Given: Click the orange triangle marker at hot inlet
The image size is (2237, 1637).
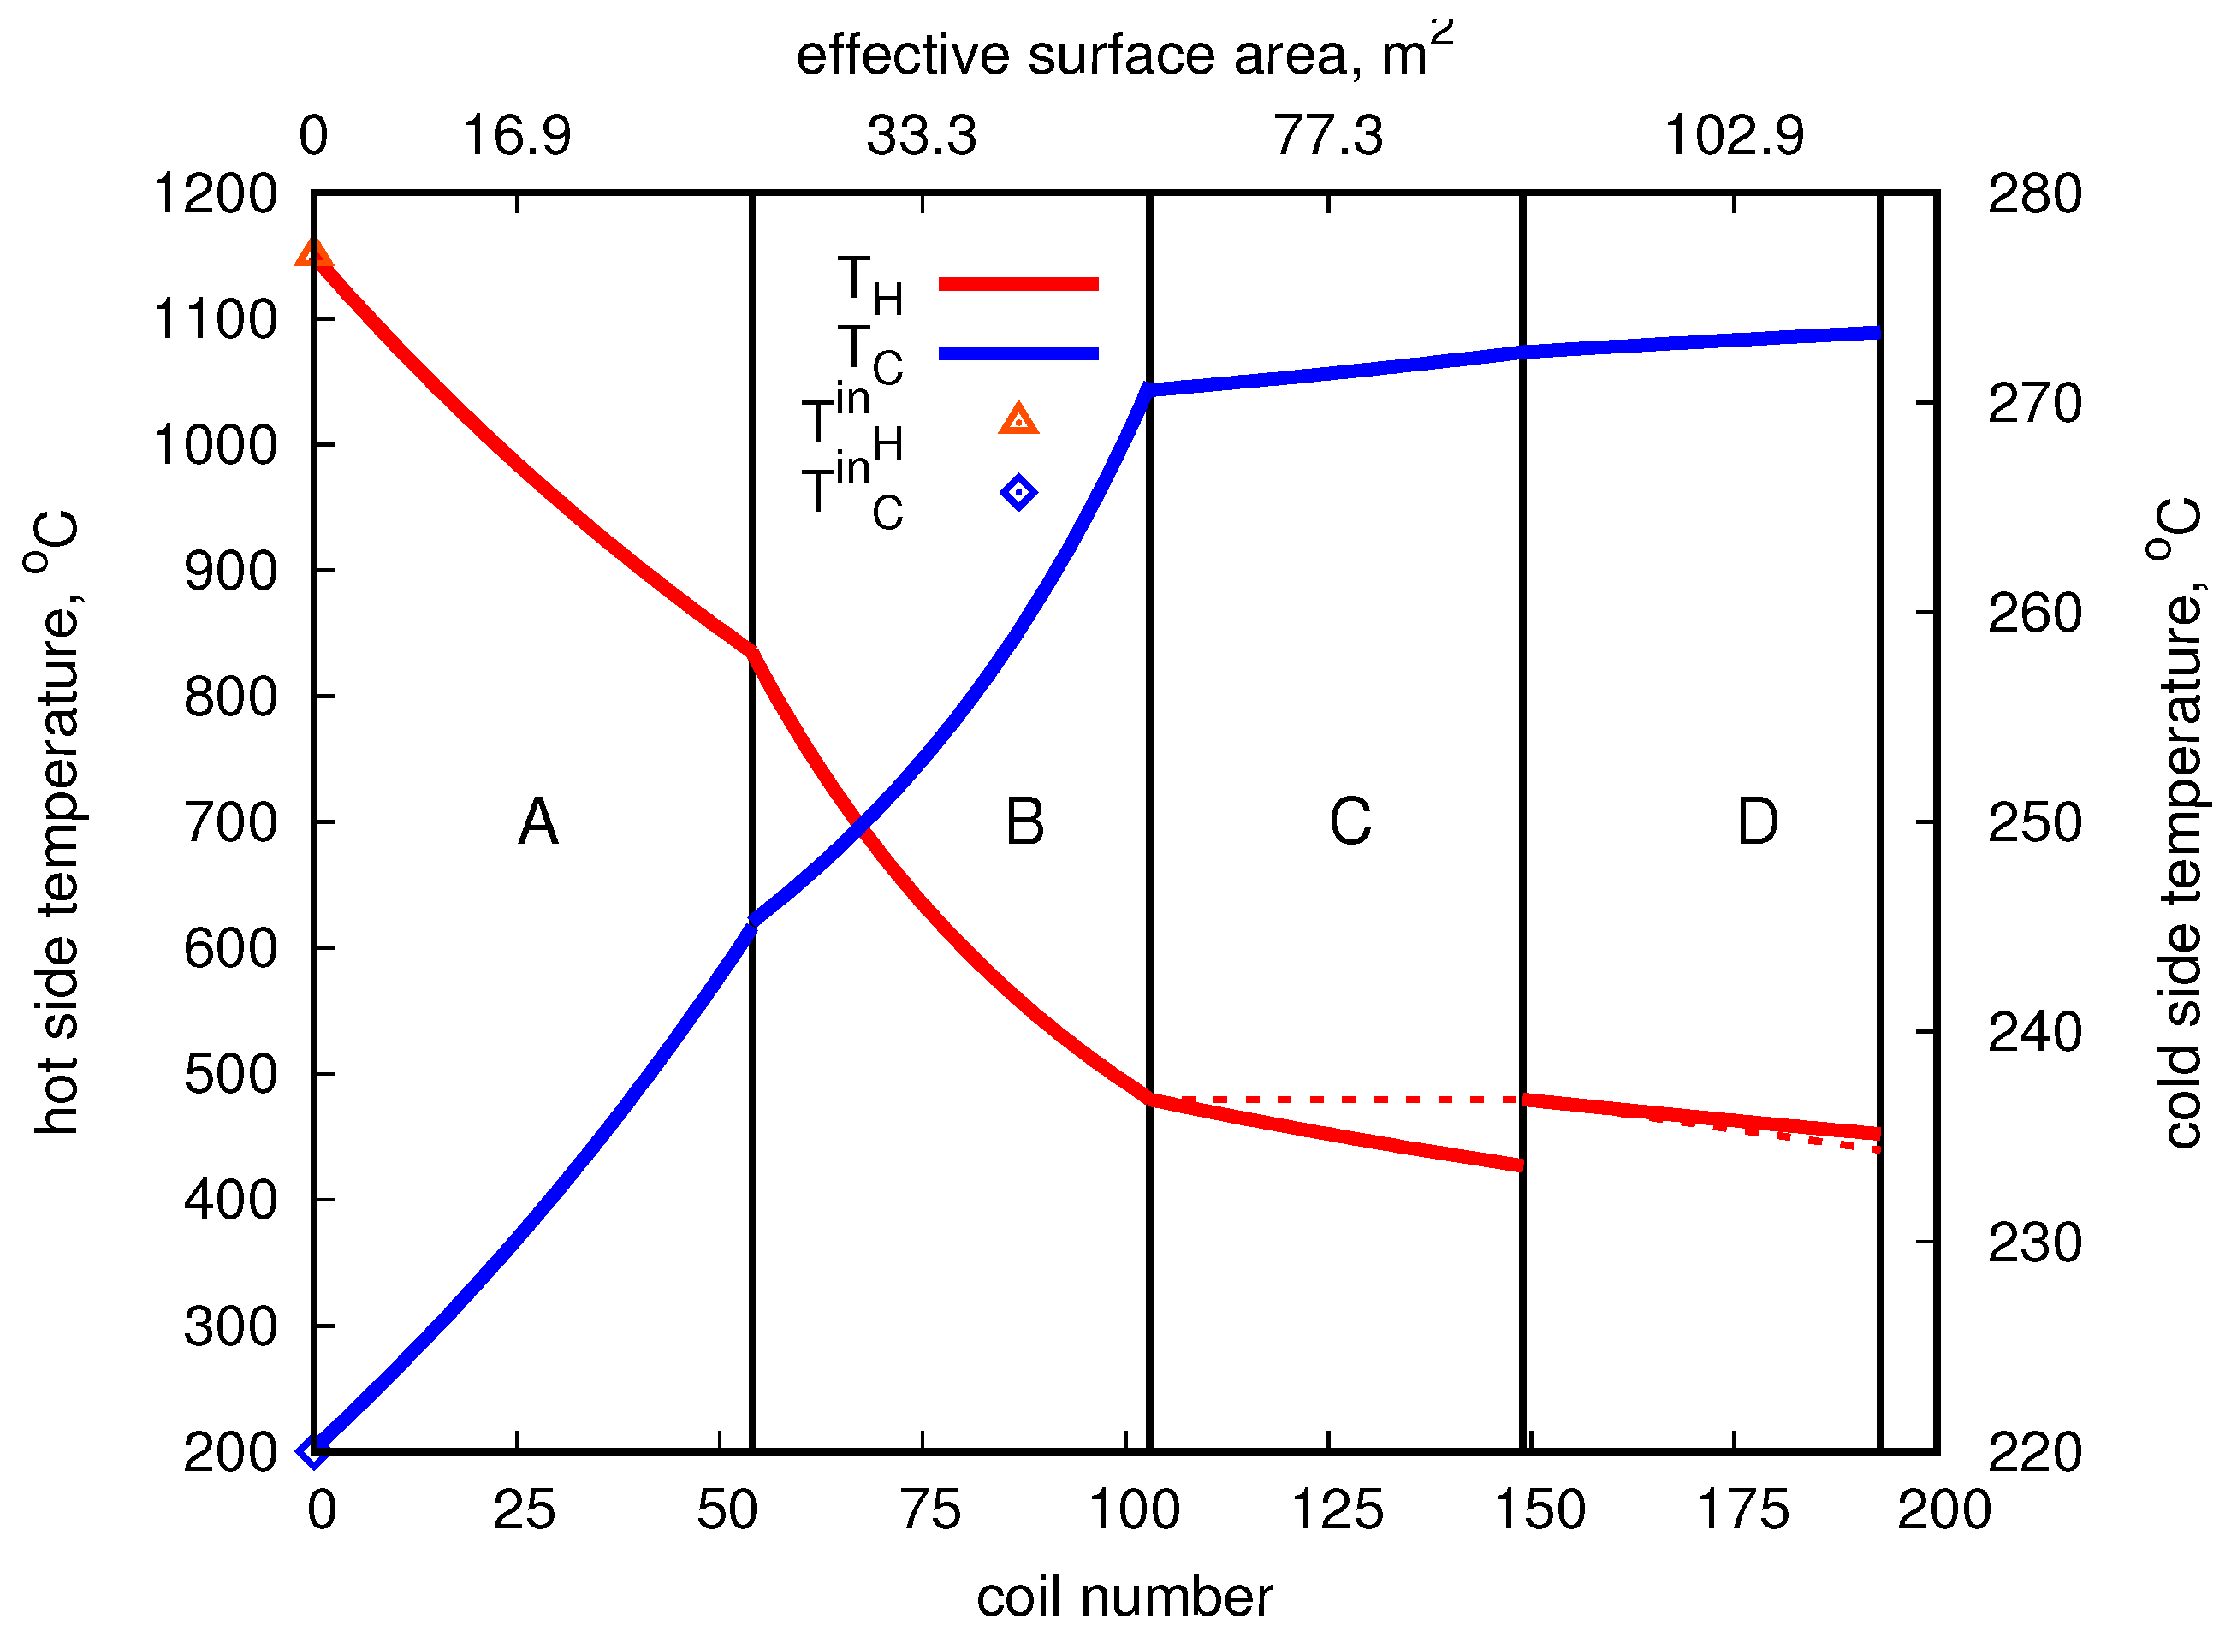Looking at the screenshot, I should coord(313,253).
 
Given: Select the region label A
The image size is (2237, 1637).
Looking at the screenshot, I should coord(538,821).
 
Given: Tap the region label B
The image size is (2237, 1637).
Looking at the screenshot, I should coord(1024,821).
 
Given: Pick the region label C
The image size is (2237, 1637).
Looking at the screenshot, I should coord(1350,821).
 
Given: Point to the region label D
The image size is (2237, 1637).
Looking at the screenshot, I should coord(1758,821).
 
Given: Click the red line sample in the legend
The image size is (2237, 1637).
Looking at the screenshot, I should coord(1018,284).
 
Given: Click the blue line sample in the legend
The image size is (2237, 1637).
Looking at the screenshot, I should coord(1018,353).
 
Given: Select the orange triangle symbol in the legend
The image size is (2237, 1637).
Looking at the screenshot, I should coord(1018,419).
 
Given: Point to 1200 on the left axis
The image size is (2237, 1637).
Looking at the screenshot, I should coord(215,194).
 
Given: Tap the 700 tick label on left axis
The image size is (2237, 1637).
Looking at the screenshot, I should coord(230,822).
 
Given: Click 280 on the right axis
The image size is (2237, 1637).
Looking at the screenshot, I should coord(2034,194).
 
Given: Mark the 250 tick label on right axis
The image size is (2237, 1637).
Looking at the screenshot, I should coord(2034,822).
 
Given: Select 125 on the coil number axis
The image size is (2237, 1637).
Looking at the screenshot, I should coord(1337,1511).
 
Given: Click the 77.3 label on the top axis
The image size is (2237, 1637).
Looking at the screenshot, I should coord(1327,136).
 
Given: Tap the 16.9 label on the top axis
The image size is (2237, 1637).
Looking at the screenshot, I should coord(516,136).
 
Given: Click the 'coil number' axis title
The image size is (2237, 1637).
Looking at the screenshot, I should coord(1124,1598).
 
